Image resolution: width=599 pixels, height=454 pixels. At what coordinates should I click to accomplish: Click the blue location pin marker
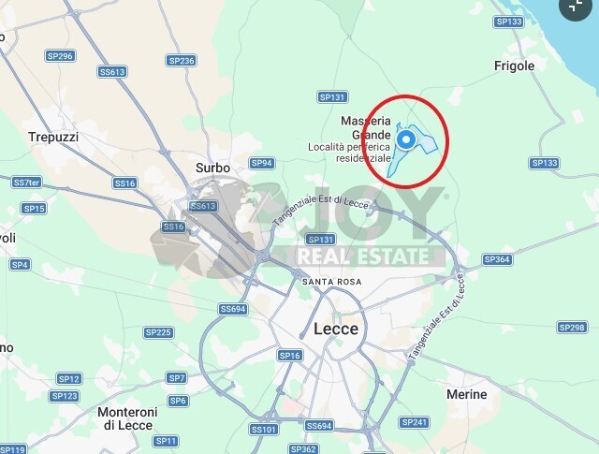406,139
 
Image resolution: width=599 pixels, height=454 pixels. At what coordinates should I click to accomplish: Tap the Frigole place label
514,66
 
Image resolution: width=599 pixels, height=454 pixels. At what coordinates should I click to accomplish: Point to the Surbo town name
212,168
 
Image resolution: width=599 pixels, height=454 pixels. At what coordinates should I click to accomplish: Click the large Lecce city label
336,329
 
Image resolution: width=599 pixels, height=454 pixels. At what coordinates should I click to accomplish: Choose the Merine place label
467,395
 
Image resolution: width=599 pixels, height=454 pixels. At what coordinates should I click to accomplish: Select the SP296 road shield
59,56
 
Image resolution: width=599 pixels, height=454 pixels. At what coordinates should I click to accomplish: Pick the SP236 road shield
182,61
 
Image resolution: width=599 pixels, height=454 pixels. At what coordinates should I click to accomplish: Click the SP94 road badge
262,163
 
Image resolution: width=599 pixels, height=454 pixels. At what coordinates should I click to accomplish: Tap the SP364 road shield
497,259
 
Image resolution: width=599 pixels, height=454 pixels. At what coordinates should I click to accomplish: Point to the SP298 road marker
571,327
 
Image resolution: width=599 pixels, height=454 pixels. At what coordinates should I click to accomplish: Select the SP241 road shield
414,422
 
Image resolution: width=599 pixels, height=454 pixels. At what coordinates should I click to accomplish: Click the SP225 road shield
158,332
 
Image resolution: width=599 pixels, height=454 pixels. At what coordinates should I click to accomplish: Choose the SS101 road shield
264,429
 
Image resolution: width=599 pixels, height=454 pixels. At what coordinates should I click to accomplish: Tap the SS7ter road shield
26,182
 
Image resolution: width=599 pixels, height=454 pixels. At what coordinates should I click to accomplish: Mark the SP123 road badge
65,396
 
